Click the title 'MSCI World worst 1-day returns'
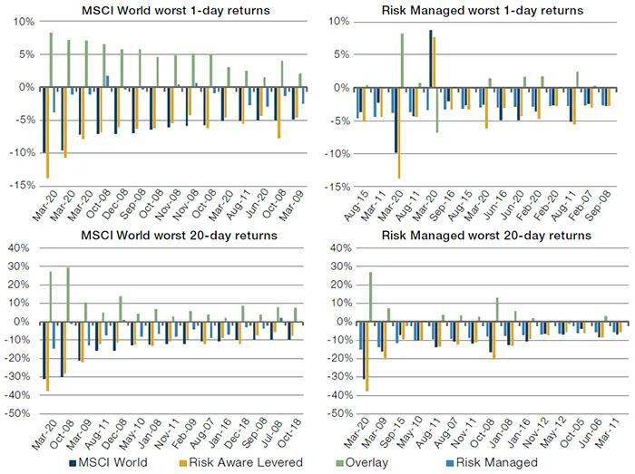tap(160, 11)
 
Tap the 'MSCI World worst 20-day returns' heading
tap(160, 236)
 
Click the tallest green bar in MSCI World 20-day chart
tap(68, 294)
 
